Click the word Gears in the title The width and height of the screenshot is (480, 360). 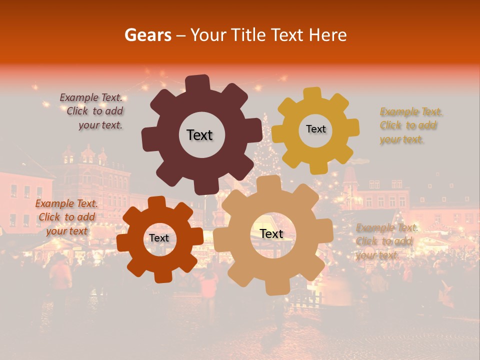147,35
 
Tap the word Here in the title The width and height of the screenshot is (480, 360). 328,35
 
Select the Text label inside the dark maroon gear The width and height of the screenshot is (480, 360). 199,135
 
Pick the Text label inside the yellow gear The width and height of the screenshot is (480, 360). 315,129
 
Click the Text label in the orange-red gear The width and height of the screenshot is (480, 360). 159,238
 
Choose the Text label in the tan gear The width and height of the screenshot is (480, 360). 271,234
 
